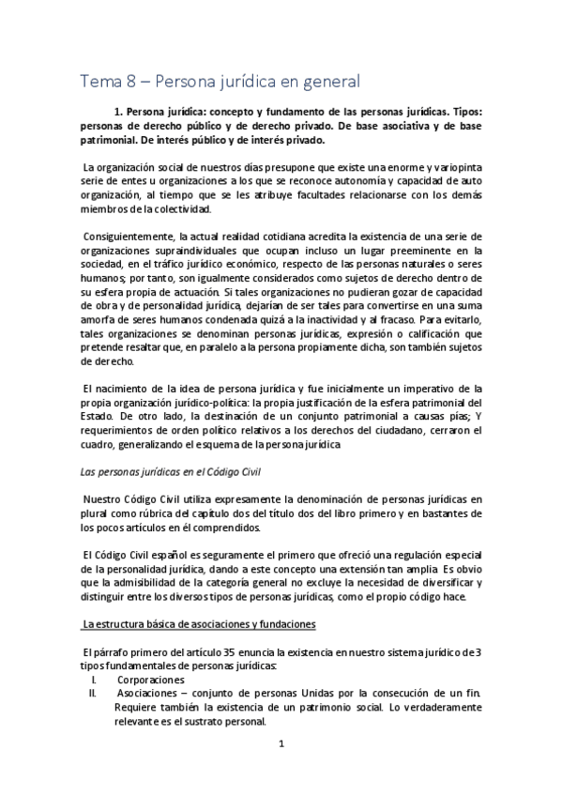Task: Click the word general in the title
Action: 329,82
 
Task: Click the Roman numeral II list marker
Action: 94,694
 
